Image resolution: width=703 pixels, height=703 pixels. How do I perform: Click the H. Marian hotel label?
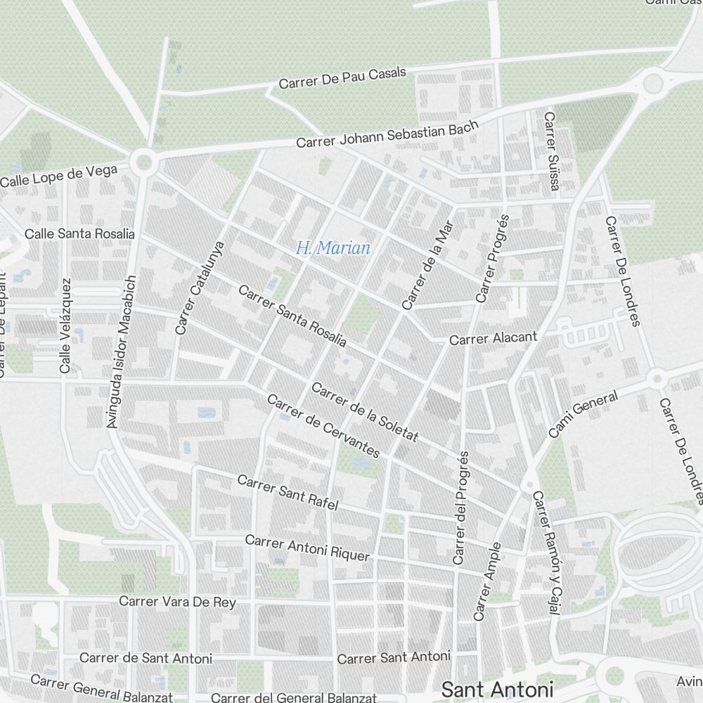pos(333,248)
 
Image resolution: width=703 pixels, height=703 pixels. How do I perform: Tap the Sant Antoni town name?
pos(497,689)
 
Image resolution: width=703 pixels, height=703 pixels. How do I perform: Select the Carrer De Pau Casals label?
pos(342,78)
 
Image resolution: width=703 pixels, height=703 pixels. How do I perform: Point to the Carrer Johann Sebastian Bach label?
pos(387,134)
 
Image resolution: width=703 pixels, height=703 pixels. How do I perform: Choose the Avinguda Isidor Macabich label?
pos(120,351)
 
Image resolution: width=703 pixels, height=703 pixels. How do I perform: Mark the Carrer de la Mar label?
pos(428,265)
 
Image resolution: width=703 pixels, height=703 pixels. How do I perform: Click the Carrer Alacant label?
pos(493,338)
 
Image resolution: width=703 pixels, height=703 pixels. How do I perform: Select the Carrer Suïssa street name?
pos(551,150)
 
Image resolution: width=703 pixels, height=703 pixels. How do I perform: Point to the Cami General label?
pos(583,414)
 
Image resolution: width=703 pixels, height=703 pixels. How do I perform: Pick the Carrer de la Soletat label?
pos(365,413)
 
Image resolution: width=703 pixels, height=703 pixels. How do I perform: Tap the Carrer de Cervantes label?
pos(323,426)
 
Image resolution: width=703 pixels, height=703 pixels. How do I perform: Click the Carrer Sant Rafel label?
pos(288,492)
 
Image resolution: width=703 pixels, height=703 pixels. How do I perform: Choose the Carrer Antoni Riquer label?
pos(307,548)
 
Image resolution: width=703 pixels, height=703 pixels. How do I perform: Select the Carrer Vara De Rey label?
pos(177,602)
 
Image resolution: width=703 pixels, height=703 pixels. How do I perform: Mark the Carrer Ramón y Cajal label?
pos(545,553)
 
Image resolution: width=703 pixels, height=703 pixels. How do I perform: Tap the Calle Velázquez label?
pos(65,325)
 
